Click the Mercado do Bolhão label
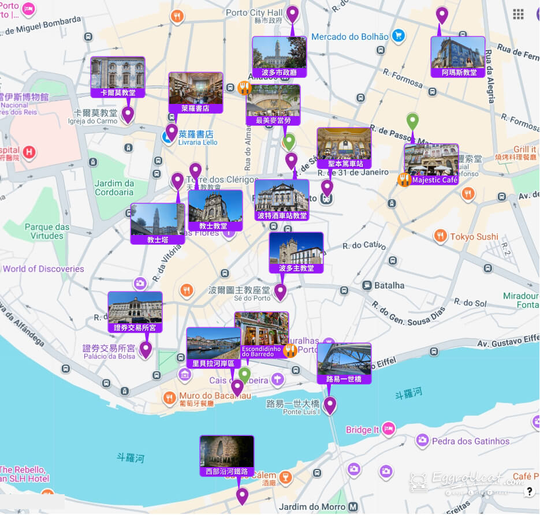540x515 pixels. pyautogui.click(x=349, y=37)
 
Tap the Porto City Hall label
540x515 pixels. pyautogui.click(x=254, y=13)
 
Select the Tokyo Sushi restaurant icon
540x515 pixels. pyautogui.click(x=440, y=236)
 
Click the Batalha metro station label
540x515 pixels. pyautogui.click(x=389, y=285)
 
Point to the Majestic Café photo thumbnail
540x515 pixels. pyautogui.click(x=431, y=160)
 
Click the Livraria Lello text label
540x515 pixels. pyautogui.click(x=198, y=142)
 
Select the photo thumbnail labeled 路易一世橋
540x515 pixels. pyautogui.click(x=344, y=359)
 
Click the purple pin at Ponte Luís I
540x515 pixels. pyautogui.click(x=329, y=405)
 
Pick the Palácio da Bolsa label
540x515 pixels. pyautogui.click(x=109, y=356)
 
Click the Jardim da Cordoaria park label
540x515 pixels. pyautogui.click(x=114, y=188)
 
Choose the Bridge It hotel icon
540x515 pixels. pyautogui.click(x=388, y=429)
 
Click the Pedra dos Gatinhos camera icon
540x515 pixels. pyautogui.click(x=422, y=441)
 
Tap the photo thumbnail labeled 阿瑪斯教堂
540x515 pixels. pyautogui.click(x=457, y=53)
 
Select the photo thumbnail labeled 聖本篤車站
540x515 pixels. pyautogui.click(x=344, y=144)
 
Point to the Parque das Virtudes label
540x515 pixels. pyautogui.click(x=47, y=232)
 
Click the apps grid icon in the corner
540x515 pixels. pyautogui.click(x=518, y=14)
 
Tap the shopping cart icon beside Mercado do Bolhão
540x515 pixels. pyautogui.click(x=397, y=36)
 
